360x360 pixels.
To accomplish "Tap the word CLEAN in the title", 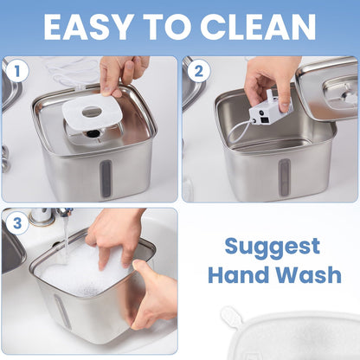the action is click(258, 27).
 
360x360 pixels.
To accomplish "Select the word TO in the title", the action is click(168, 27).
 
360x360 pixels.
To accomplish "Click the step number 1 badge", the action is click(17, 71).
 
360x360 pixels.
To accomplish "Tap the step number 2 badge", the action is click(198, 71).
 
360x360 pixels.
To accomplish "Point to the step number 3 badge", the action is click(17, 223).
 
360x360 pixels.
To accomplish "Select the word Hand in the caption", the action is click(239, 274).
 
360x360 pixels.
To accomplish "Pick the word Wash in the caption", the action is click(309, 274).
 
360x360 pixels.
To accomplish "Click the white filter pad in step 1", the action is click(93, 111).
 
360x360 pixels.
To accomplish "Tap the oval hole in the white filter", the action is click(92, 112).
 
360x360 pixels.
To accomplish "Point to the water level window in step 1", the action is click(106, 178).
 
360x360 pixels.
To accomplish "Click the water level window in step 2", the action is click(284, 176).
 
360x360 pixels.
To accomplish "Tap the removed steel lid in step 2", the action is click(328, 89).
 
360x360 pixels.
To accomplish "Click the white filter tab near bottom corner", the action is click(231, 318).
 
